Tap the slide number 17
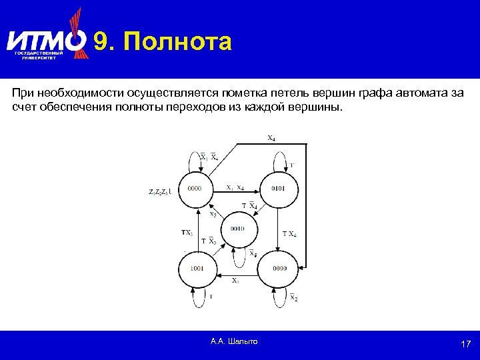click(466, 344)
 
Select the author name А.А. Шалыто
click(233, 341)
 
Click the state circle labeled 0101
click(278, 189)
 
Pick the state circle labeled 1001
click(197, 268)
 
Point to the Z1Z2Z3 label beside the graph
click(159, 192)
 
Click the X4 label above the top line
click(271, 139)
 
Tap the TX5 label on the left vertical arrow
click(187, 233)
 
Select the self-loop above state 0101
click(279, 160)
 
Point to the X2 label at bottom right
click(293, 297)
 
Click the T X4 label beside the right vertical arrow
click(289, 234)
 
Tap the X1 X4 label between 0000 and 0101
click(235, 187)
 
